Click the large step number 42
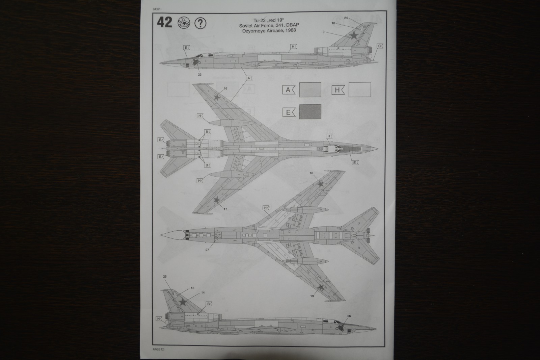(164, 23)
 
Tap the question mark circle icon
(201, 23)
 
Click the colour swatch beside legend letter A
(310, 90)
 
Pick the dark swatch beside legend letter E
(310, 112)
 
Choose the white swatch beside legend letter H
(360, 90)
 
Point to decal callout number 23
(199, 74)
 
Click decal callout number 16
(225, 88)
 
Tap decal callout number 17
(225, 209)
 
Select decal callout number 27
(207, 250)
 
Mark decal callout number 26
(349, 316)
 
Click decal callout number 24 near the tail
(346, 18)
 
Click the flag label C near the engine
(380, 46)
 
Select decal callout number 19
(312, 296)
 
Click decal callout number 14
(203, 292)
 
